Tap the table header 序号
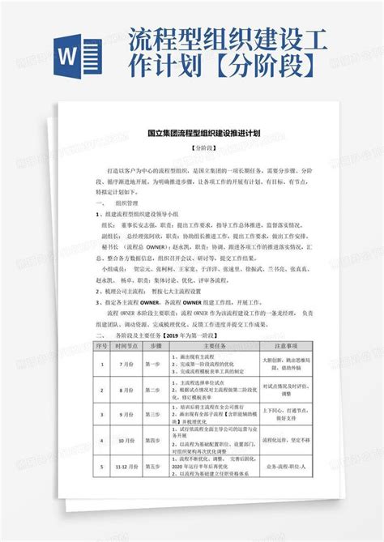tap(103, 345)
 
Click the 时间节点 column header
tap(126, 345)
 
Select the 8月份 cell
tap(126, 389)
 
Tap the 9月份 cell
tap(126, 414)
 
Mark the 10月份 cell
tap(126, 441)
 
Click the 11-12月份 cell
tap(126, 468)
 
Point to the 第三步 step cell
tap(153, 414)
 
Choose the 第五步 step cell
tap(153, 468)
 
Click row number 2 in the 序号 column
tap(103, 389)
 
